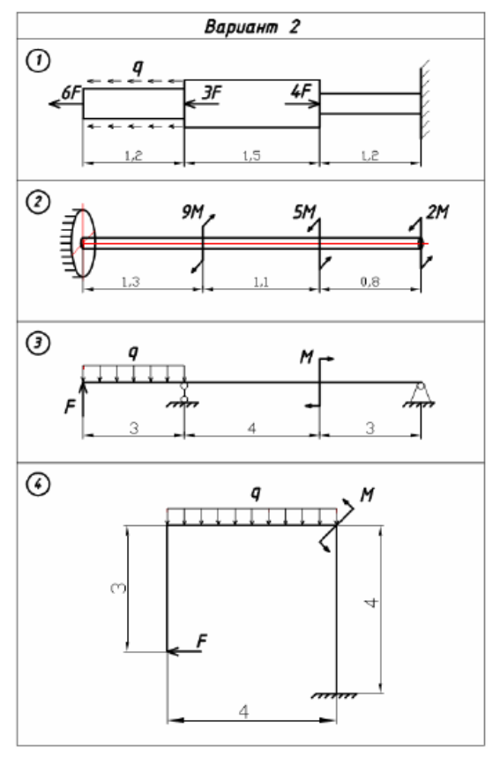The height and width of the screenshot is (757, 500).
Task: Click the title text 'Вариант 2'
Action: [x=251, y=26]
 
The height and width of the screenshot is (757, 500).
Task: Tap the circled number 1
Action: [x=38, y=62]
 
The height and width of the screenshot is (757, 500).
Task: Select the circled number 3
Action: [x=38, y=344]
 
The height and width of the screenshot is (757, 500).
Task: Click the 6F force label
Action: [x=71, y=93]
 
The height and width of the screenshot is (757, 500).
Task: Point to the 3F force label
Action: [x=212, y=93]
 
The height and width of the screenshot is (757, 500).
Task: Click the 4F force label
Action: [x=301, y=91]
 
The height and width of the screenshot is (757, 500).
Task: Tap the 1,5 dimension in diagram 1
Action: [x=251, y=155]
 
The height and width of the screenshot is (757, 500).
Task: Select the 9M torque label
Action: [x=193, y=212]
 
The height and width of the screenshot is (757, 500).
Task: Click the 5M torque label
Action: [x=304, y=212]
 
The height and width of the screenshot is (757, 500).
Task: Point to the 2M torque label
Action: [x=437, y=212]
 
